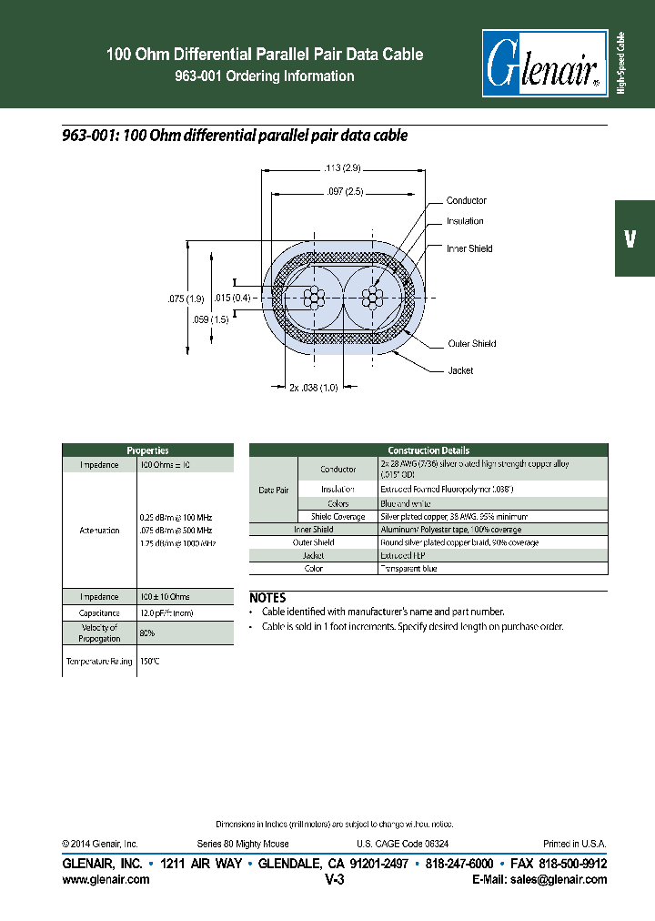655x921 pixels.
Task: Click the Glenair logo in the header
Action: click(x=544, y=62)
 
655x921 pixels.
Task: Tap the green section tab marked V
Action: click(x=634, y=238)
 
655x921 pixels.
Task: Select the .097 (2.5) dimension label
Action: click(x=342, y=191)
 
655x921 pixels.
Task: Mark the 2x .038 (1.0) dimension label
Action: click(x=314, y=388)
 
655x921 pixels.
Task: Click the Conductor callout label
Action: click(x=466, y=200)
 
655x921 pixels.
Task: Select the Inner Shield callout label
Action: click(x=469, y=248)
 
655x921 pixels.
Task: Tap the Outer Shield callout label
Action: click(x=471, y=344)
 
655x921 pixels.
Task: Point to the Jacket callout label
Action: click(x=460, y=370)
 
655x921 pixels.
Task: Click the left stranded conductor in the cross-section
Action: click(x=314, y=298)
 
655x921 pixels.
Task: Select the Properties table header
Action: click(x=147, y=450)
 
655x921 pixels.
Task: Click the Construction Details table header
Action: click(x=428, y=450)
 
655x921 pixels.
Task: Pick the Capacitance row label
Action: click(x=99, y=613)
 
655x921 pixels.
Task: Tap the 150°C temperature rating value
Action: click(x=150, y=662)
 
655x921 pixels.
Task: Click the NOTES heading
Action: click(x=267, y=598)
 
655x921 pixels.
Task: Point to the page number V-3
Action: click(x=334, y=880)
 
